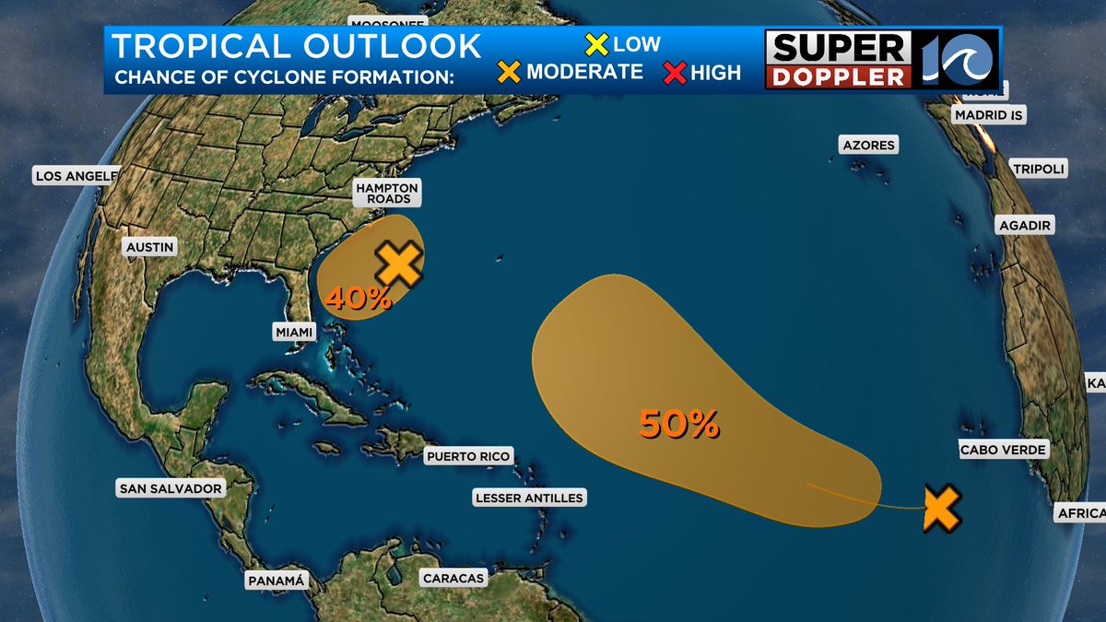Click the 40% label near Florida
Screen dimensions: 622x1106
[x=358, y=298]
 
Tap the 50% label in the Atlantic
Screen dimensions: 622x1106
[x=678, y=424]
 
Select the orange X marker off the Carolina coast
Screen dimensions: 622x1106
[x=398, y=264]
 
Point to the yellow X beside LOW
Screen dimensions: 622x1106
[x=597, y=43]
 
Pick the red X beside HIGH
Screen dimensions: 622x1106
[x=675, y=73]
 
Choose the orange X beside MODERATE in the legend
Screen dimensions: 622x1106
[x=509, y=72]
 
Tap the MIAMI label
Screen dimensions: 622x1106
[x=295, y=331]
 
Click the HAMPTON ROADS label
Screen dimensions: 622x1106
[x=387, y=193]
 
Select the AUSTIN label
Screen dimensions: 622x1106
[x=148, y=247]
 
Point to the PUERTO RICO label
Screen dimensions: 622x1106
[x=467, y=456]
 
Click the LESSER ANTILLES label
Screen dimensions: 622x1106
[x=529, y=498]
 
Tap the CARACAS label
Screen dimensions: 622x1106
[x=453, y=578]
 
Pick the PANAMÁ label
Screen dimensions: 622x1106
[x=276, y=581]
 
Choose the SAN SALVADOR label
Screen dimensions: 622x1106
[x=170, y=488]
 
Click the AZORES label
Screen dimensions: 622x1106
[x=868, y=145]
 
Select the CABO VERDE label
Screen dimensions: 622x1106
[x=1004, y=450]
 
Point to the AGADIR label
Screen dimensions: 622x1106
[x=1025, y=225]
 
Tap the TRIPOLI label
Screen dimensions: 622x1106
[x=1038, y=169]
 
